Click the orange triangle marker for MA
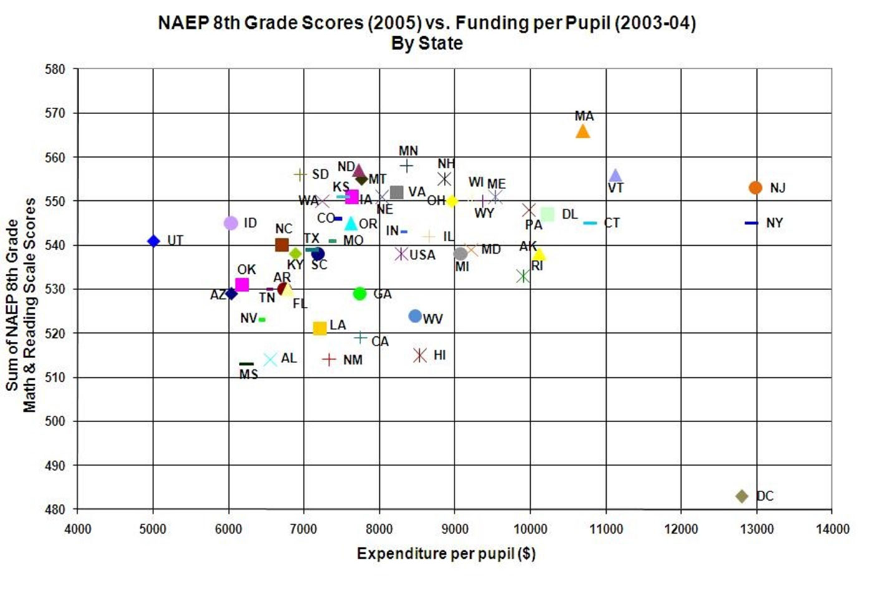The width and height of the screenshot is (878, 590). click(582, 131)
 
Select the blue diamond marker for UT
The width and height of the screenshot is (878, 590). click(153, 241)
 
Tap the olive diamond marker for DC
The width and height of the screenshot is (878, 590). click(741, 496)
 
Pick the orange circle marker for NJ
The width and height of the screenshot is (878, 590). click(755, 188)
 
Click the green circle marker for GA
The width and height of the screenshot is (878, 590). click(359, 294)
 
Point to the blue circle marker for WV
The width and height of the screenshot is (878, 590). click(415, 316)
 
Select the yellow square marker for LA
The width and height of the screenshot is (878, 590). click(319, 328)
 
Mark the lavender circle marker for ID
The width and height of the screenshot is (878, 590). click(231, 223)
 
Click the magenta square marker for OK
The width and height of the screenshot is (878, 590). click(242, 284)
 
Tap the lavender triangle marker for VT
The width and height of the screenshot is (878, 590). click(615, 176)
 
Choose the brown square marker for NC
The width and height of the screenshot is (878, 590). click(282, 245)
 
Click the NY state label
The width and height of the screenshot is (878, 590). click(774, 223)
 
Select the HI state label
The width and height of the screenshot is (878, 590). click(440, 355)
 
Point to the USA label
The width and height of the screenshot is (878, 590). click(422, 255)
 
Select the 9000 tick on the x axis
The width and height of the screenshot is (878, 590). click(455, 529)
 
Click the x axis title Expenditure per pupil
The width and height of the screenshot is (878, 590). click(446, 553)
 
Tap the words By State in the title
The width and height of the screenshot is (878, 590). click(427, 43)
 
